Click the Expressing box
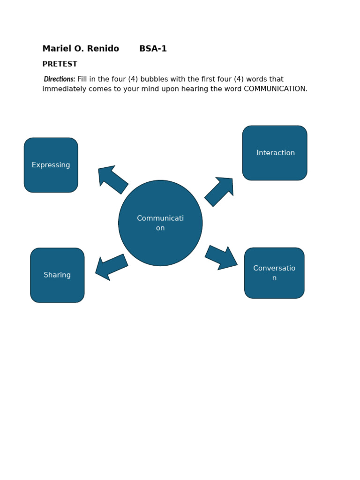[x=51, y=165]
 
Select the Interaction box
[x=275, y=153]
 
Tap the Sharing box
[x=57, y=275]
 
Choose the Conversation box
[x=274, y=273]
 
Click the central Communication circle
[x=160, y=223]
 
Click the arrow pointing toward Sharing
[x=111, y=267]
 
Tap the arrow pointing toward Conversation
[x=221, y=258]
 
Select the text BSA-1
[x=153, y=49]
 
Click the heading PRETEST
[x=60, y=64]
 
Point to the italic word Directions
[x=60, y=79]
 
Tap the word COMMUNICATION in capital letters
[x=275, y=89]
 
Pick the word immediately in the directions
[x=63, y=89]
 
